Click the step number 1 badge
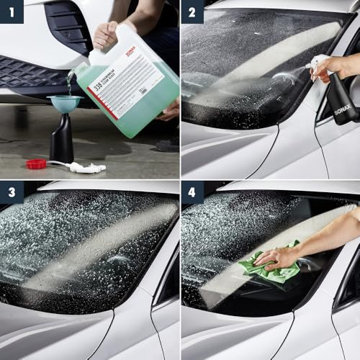point(12,12)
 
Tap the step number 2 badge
point(192,12)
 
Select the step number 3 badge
point(12,193)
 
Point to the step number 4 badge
point(192,193)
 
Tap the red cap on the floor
point(36,164)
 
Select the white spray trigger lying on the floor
point(85,168)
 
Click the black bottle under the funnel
point(62,142)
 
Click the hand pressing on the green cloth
point(277,256)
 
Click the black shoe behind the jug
point(167,144)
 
